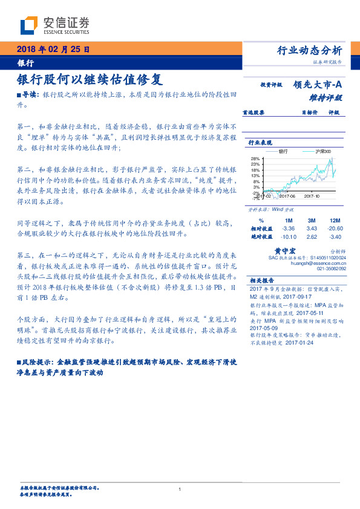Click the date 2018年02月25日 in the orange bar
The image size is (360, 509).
(x=53, y=49)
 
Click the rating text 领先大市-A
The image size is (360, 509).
(x=318, y=85)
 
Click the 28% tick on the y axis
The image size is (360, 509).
(x=255, y=159)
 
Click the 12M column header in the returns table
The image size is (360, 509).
(x=333, y=221)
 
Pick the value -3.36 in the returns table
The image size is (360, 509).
(x=288, y=229)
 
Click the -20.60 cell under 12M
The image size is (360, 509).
(x=334, y=229)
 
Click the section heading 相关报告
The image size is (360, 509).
(x=262, y=280)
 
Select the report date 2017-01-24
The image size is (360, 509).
(x=299, y=342)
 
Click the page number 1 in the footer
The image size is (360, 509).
(x=180, y=490)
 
